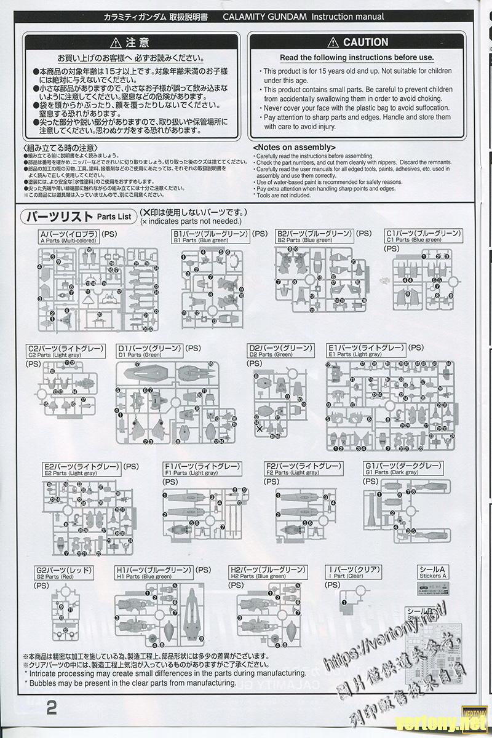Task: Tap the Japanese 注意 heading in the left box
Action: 129,42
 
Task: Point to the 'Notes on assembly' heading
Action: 294,148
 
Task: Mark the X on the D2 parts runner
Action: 260,429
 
